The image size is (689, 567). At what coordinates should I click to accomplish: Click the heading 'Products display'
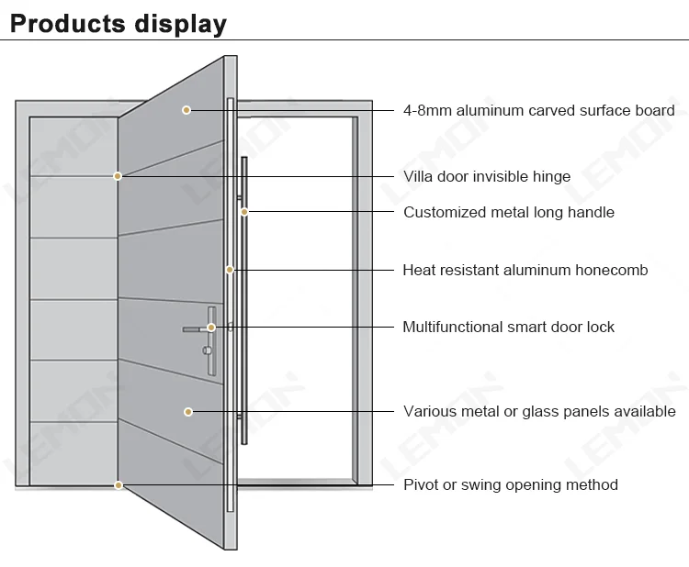coord(118,23)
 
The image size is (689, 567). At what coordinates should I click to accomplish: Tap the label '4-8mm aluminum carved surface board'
coord(539,111)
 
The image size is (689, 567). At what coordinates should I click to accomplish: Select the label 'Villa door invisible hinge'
coord(487,176)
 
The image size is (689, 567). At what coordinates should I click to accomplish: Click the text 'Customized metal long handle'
coord(509,212)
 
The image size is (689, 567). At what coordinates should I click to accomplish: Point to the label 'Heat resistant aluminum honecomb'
coord(525,270)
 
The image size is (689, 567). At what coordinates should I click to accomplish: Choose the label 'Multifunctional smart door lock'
coord(508,327)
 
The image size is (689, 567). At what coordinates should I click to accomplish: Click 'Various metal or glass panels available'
coord(539,412)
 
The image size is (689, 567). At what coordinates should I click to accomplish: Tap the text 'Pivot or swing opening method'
coord(511,484)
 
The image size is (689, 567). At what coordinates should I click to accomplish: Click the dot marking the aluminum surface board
coord(186,110)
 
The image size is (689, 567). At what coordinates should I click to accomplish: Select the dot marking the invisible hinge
coord(118,175)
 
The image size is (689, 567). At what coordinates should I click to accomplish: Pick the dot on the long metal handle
coord(244,212)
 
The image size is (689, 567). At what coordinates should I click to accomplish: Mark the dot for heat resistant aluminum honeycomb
coord(230,270)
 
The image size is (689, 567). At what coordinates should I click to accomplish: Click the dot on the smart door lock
coord(210,328)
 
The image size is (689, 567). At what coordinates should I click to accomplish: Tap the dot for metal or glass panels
coord(187,412)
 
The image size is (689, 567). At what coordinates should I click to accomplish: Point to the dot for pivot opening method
coord(118,484)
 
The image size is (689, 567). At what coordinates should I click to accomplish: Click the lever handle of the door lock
coord(193,328)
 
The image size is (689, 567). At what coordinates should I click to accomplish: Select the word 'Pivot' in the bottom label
coord(421,484)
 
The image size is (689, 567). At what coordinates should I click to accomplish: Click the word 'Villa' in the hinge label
coord(420,176)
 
